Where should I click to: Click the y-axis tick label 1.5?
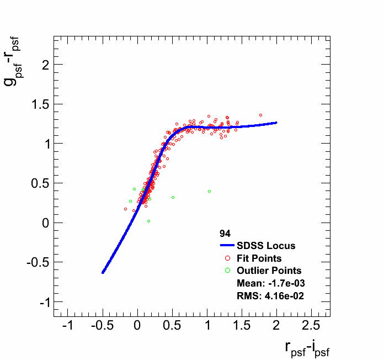(x=36, y=104)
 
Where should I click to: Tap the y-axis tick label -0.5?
(x=35, y=263)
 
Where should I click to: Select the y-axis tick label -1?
(x=41, y=303)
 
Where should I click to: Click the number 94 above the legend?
(x=225, y=234)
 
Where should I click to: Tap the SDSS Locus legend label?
(x=266, y=246)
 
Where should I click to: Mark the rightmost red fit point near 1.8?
(x=260, y=115)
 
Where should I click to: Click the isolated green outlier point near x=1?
(x=209, y=192)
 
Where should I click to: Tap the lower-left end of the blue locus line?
(x=103, y=272)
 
